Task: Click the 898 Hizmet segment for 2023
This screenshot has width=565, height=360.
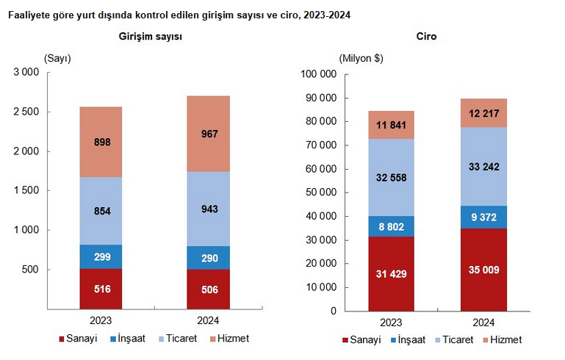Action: [101, 142]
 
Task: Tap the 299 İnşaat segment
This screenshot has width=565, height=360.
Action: [101, 256]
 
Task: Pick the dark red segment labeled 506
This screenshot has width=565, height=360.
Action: [209, 289]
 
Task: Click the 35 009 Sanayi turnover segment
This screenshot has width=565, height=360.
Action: [483, 270]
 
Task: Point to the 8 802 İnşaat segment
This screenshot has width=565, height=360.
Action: [392, 226]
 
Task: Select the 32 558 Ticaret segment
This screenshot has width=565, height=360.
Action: [392, 177]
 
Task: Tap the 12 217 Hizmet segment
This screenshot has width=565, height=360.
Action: [483, 113]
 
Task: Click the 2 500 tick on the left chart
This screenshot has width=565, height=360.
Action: [26, 112]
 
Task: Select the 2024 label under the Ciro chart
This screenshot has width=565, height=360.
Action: [483, 323]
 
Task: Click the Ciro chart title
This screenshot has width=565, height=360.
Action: [426, 36]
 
